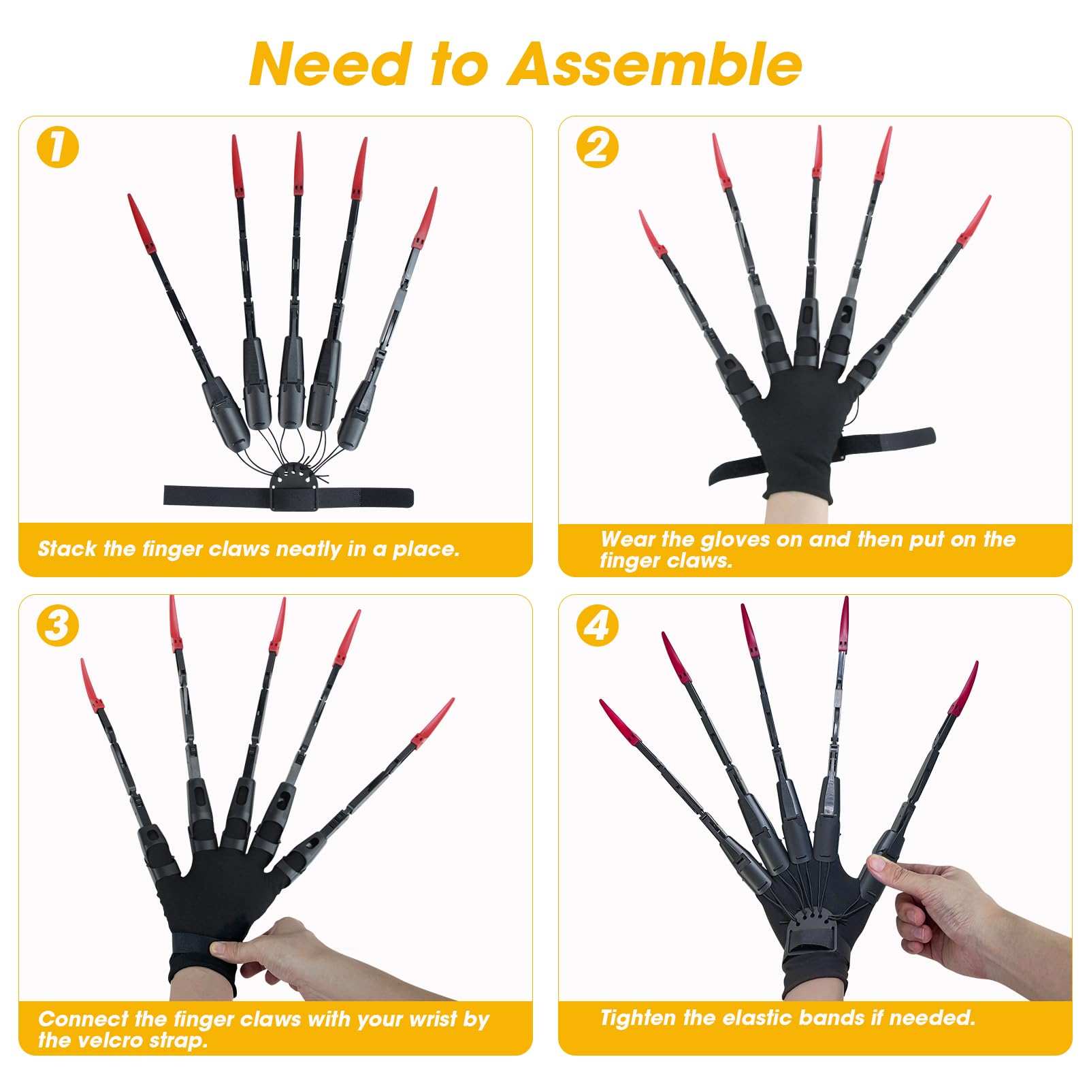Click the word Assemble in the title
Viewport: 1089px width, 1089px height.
point(654,65)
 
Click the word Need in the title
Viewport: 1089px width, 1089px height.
point(331,65)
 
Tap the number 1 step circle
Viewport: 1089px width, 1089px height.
point(58,148)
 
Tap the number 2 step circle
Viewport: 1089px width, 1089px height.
point(597,148)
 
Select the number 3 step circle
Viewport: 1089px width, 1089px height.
point(58,625)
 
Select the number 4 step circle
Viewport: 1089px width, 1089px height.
point(597,625)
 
